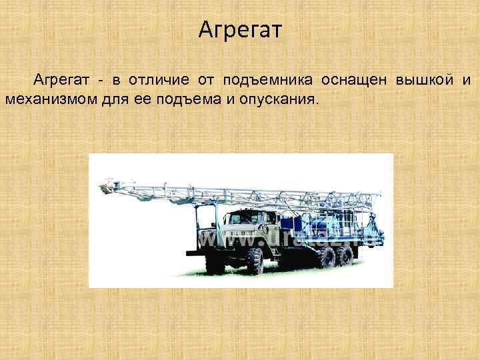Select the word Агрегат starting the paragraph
(x=61, y=81)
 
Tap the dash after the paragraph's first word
(x=99, y=81)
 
